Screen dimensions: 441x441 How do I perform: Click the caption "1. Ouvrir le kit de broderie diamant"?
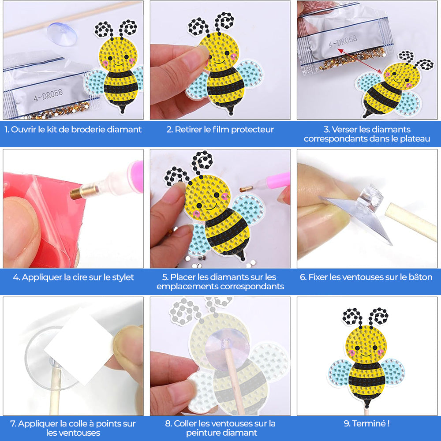pos(73,130)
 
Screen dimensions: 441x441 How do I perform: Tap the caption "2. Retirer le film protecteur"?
pos(220,130)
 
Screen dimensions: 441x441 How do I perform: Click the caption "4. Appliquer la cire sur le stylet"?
pos(73,277)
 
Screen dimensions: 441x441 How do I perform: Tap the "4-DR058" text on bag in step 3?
pos(343,42)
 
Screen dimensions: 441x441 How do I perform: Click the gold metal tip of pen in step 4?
pos(78,193)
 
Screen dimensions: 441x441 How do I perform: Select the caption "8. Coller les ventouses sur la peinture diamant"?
pos(220,428)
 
